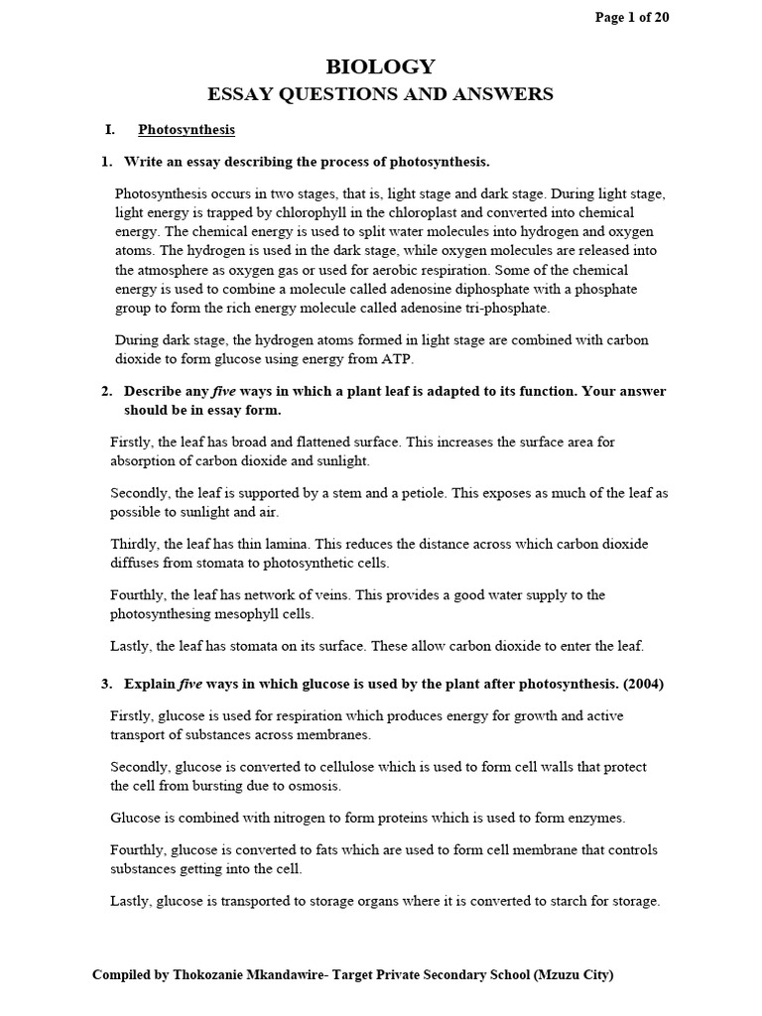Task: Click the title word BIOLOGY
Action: (380, 66)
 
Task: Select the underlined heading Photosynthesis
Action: (187, 129)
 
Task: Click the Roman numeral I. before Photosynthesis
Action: (110, 129)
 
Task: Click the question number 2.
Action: (106, 391)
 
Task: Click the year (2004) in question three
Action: (644, 684)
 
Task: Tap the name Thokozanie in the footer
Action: (212, 975)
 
